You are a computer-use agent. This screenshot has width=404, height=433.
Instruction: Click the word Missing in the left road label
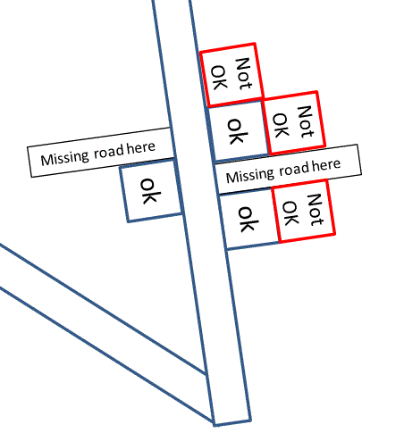click(x=64, y=159)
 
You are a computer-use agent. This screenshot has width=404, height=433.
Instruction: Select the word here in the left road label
click(x=140, y=147)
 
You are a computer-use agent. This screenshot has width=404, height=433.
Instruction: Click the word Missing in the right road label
click(x=249, y=176)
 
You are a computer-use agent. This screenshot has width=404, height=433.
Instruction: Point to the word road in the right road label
click(x=294, y=170)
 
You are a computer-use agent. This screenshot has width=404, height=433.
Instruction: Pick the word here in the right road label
click(x=326, y=165)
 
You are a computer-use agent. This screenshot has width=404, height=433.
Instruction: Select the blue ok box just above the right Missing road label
click(x=238, y=131)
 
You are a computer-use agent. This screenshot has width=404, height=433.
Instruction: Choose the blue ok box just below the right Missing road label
click(x=248, y=220)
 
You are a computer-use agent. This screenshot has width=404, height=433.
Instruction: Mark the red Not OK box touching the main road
click(x=231, y=74)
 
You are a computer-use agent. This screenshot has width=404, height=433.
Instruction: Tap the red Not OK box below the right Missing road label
click(x=303, y=210)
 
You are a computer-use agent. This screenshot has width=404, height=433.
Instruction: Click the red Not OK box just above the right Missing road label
click(x=293, y=122)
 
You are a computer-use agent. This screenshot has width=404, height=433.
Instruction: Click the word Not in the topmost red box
click(x=244, y=73)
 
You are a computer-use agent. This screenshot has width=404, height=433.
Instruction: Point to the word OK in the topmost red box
click(x=219, y=78)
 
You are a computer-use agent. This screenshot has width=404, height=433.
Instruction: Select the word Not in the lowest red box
click(x=316, y=210)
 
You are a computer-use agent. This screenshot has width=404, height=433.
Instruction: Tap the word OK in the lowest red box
click(x=290, y=213)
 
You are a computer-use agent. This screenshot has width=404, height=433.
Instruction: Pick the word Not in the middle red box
click(x=306, y=121)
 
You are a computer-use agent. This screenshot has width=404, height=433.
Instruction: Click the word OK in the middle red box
click(x=281, y=126)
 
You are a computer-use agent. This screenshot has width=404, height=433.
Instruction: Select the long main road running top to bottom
click(x=202, y=212)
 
